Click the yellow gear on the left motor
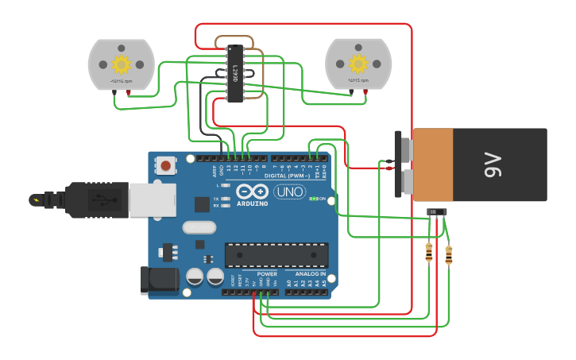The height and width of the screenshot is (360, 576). click(121, 64)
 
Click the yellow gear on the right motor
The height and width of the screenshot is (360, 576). click(358, 64)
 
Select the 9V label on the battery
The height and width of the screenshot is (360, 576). click(493, 165)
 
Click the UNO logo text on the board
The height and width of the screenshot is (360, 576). click(289, 192)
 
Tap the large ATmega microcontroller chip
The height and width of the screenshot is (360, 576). click(276, 255)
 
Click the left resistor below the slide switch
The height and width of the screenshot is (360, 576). click(430, 253)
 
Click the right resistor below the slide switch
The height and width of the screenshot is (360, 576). click(449, 255)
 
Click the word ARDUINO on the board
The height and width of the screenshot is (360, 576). click(252, 203)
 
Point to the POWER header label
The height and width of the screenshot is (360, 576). click(267, 274)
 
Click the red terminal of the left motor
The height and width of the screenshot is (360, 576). click(130, 92)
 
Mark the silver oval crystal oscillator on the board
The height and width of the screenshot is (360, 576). click(199, 227)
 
